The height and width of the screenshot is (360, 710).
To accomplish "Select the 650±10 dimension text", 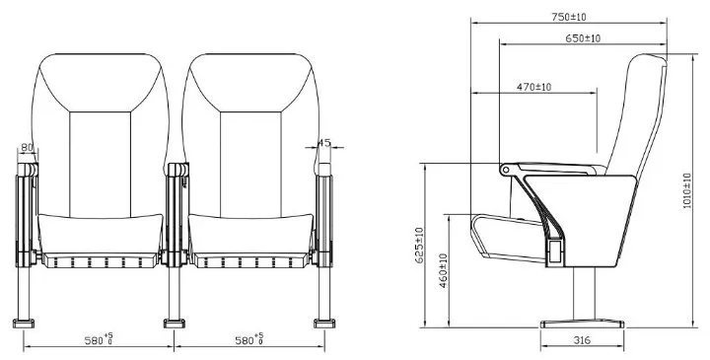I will (x=584, y=37).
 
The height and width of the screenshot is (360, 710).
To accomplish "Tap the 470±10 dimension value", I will (x=534, y=88).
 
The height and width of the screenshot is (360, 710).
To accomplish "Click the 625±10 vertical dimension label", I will (x=419, y=246).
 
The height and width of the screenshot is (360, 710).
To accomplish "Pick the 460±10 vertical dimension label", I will (x=445, y=270).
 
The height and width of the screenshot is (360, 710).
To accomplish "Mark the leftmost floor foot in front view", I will (x=23, y=322).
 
